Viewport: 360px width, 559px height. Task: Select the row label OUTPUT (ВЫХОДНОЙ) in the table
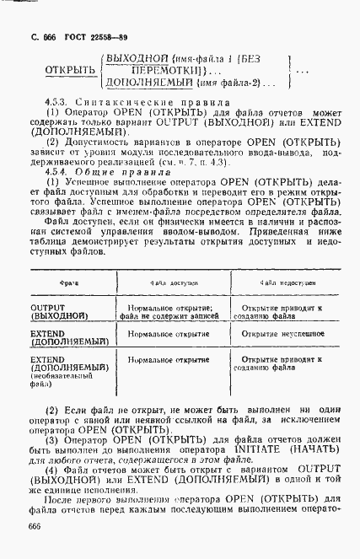pyautogui.click(x=61, y=312)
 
